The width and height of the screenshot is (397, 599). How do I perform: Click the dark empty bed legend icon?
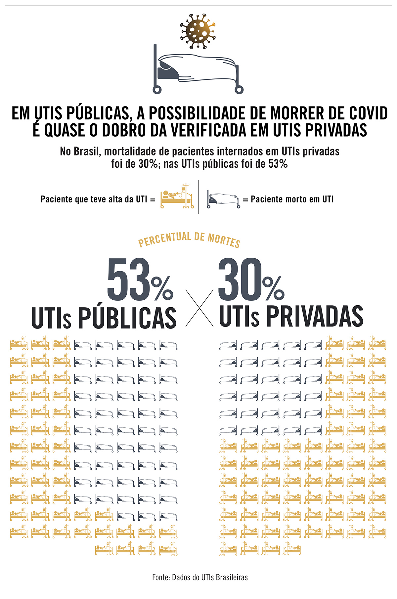[x=223, y=199]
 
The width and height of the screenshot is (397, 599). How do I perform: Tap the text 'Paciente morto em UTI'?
[x=292, y=199]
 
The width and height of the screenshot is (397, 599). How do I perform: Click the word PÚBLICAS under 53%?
[x=127, y=318]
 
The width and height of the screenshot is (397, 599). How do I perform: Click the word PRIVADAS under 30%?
[x=315, y=317]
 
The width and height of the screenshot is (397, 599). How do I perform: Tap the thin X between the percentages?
[x=199, y=308]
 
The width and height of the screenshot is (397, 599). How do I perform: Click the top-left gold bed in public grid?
[x=19, y=344]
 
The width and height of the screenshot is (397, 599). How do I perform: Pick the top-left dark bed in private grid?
[x=228, y=345]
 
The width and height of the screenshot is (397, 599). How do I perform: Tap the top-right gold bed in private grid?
[x=377, y=344]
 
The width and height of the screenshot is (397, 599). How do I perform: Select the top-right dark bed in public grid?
[x=168, y=345]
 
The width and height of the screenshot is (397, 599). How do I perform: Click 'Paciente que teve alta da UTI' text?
[x=94, y=199]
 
